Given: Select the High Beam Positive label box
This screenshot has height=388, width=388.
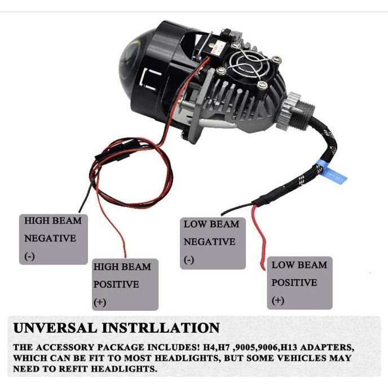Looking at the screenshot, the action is tap(125, 284).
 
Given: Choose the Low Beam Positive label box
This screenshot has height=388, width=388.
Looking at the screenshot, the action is tap(299, 283).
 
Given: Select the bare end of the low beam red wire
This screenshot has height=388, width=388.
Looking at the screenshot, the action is tap(263, 265).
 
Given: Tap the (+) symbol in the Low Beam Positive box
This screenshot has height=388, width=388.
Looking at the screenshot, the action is tap(277, 301).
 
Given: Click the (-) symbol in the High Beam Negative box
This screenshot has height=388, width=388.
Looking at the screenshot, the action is tap(29, 257).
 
